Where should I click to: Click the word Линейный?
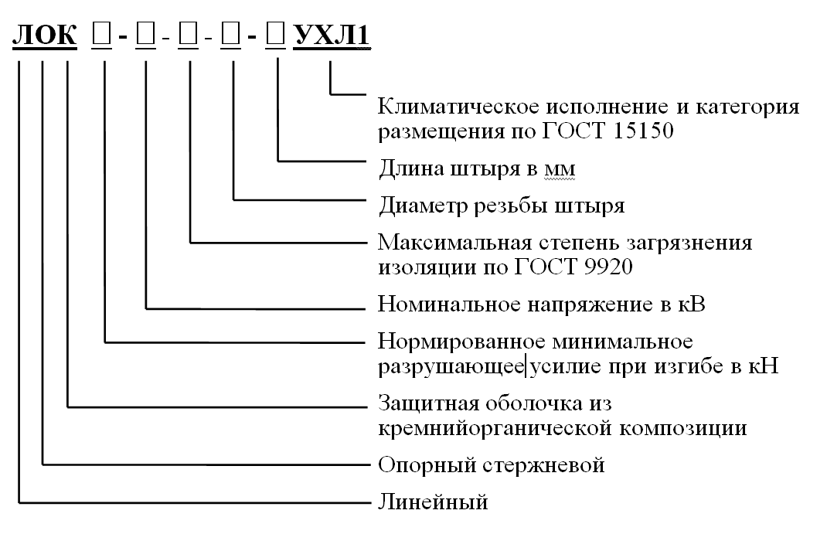pos(433,503)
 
